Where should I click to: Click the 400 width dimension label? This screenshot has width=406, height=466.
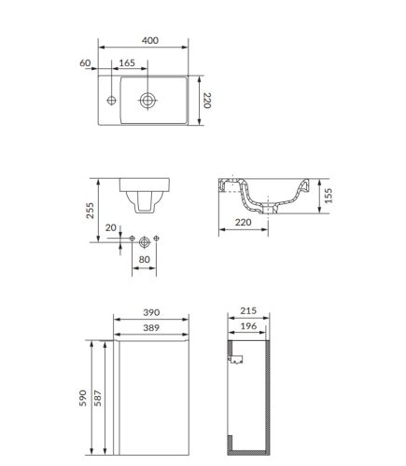(x=150, y=40)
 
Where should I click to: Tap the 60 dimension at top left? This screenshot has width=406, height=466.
(x=85, y=63)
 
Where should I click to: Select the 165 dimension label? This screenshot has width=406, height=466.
(x=127, y=63)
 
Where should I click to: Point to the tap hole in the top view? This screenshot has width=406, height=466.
(x=111, y=101)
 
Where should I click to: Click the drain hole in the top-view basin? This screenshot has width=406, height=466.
(x=147, y=101)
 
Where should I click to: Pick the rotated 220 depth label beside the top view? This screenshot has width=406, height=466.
(x=207, y=101)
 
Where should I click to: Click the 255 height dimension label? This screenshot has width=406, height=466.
(x=90, y=211)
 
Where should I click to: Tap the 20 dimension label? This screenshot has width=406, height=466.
(x=110, y=227)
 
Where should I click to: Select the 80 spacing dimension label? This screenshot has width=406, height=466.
(x=144, y=259)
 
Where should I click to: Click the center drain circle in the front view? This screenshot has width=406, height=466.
(x=145, y=241)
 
